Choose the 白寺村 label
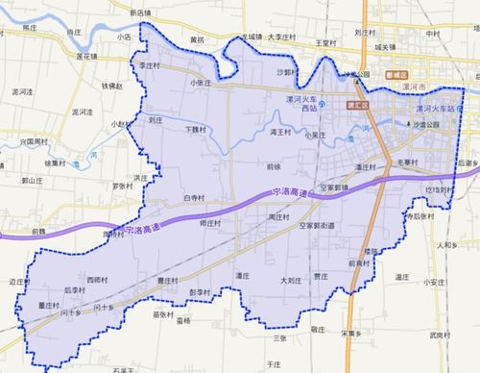point(195,198)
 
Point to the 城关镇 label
point(385,46)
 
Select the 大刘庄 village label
point(292,281)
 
